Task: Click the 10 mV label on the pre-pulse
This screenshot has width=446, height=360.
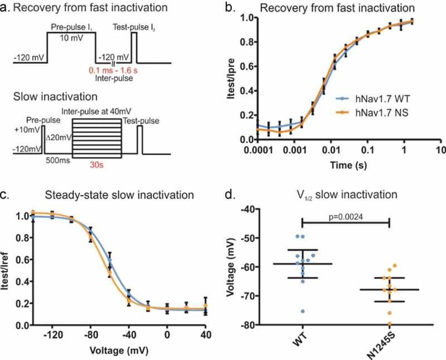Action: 71,42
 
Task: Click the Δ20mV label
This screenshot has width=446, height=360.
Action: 57,134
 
